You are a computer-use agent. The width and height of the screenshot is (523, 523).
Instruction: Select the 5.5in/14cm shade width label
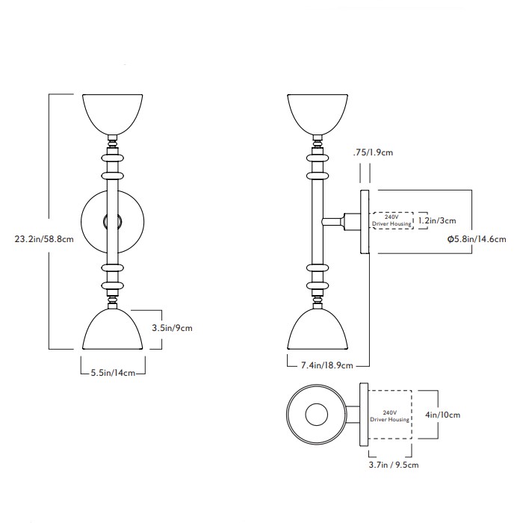pyautogui.click(x=112, y=372)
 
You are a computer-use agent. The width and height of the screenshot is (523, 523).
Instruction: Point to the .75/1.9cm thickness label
pyautogui.click(x=374, y=153)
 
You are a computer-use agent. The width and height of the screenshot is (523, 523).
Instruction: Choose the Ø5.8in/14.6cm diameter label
pyautogui.click(x=476, y=239)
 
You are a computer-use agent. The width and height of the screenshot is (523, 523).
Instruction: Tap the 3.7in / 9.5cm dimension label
pyautogui.click(x=393, y=465)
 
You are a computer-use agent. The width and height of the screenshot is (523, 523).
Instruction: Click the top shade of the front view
pyautogui.click(x=113, y=112)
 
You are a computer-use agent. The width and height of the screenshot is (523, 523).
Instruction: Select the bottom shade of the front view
pyautogui.click(x=113, y=330)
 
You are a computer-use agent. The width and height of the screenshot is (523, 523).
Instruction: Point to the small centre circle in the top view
pyautogui.click(x=318, y=415)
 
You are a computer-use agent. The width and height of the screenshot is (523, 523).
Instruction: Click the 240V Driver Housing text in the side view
pyautogui.click(x=390, y=221)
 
